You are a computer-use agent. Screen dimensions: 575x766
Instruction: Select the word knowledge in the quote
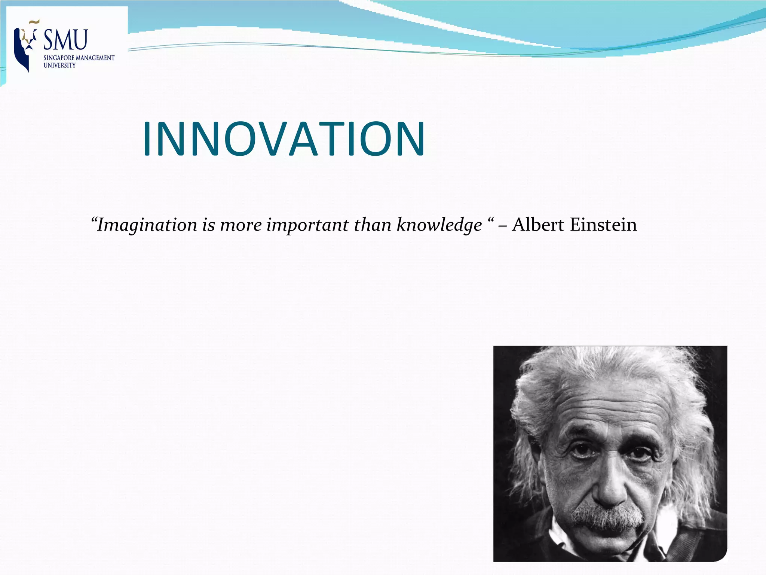tap(439, 225)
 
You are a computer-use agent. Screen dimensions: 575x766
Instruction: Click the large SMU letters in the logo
tap(66, 40)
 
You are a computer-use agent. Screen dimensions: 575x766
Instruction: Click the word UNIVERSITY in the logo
tap(59, 65)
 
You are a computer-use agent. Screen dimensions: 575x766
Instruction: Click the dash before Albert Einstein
tap(503, 226)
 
